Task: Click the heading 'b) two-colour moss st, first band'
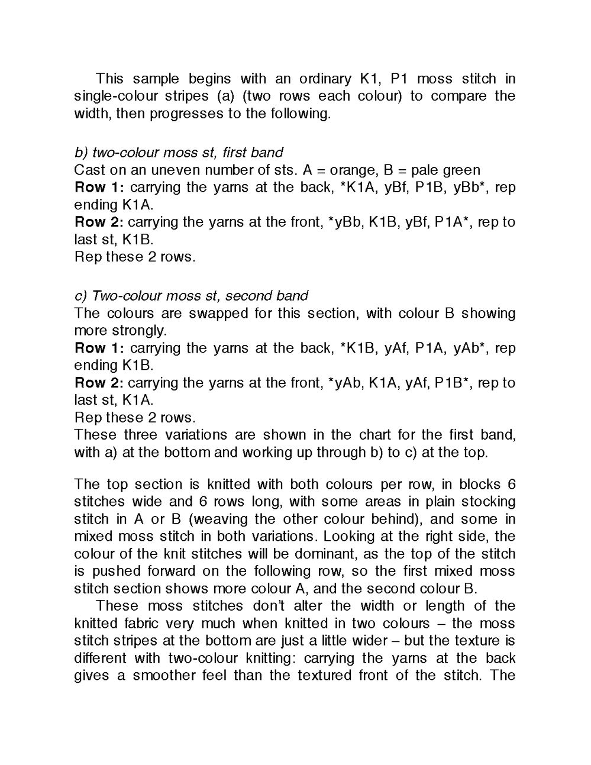(x=179, y=153)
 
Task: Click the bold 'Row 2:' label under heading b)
(x=99, y=222)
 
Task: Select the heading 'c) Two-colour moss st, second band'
(x=191, y=296)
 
